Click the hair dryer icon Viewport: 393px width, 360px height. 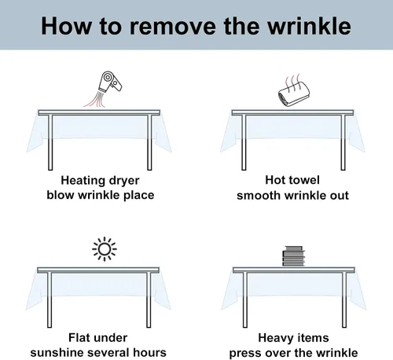tap(110, 82)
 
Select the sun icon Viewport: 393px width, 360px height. tap(105, 249)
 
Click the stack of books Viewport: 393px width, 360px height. tap(294, 256)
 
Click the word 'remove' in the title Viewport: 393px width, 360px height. tap(172, 27)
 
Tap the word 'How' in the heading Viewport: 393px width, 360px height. tap(67, 26)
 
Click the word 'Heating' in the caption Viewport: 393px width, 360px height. tap(83, 181)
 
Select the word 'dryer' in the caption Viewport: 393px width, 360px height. tap(124, 181)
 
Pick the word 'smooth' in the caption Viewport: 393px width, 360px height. tap(259, 196)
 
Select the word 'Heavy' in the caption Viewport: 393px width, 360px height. tap(275, 339)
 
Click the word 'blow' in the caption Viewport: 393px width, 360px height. tap(61, 195)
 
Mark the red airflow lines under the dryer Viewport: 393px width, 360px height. tap(95, 99)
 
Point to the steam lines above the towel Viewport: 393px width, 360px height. tap(292, 82)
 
